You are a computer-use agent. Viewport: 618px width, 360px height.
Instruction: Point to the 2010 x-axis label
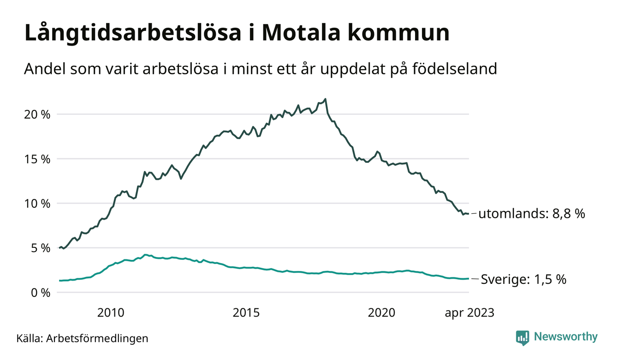(111, 313)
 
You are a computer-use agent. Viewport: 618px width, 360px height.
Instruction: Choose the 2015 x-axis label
(246, 313)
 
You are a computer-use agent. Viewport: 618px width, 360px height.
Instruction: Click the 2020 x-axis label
(381, 313)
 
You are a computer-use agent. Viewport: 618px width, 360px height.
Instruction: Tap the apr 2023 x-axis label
(469, 313)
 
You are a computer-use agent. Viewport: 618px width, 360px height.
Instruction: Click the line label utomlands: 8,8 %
(531, 214)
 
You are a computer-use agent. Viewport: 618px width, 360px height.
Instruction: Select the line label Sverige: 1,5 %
(523, 279)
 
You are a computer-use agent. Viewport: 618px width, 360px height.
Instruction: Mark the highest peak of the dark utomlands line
(326, 99)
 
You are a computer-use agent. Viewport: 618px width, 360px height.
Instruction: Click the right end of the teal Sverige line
(468, 278)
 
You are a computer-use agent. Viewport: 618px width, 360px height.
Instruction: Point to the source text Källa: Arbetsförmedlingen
(82, 338)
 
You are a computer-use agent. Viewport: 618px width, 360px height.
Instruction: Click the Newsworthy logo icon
(522, 337)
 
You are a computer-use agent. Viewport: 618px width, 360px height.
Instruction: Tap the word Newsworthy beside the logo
(565, 337)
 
